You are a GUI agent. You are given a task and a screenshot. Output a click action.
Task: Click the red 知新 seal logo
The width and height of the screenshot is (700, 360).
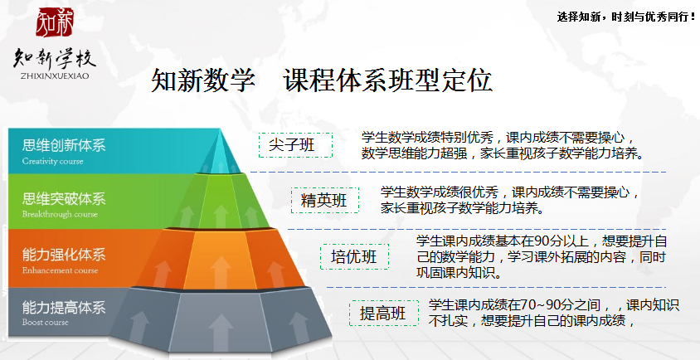[x=55, y=22]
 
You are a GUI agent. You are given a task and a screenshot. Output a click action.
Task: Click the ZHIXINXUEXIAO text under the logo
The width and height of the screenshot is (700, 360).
[x=55, y=76]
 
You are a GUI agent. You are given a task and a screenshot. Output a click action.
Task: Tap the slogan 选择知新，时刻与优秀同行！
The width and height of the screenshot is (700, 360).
[x=626, y=17]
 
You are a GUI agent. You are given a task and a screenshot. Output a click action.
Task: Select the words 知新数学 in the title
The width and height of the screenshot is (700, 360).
[x=203, y=80]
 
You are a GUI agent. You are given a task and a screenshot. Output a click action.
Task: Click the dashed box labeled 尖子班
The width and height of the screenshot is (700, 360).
[x=295, y=145]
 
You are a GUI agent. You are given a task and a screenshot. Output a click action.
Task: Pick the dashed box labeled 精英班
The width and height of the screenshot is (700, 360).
[x=325, y=200]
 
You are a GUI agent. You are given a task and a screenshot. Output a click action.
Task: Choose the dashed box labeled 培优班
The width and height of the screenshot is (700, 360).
[x=354, y=256]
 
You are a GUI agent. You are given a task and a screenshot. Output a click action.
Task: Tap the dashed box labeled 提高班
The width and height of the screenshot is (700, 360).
[x=384, y=313]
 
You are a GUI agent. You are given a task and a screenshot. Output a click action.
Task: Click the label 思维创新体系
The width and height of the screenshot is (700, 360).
[x=64, y=146]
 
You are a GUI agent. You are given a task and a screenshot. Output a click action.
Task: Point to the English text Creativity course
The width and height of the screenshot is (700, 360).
[x=53, y=161]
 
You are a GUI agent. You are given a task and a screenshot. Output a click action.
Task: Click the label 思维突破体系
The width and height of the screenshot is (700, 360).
[x=64, y=198]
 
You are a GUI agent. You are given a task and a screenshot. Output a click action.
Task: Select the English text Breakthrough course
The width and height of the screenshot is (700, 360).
[x=60, y=214]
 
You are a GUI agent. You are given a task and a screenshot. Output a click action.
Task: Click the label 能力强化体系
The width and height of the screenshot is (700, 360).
[x=64, y=255]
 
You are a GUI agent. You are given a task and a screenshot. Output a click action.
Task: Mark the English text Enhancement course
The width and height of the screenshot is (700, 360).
[x=60, y=270]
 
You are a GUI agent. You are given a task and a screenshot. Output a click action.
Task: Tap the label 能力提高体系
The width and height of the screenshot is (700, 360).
[x=64, y=307]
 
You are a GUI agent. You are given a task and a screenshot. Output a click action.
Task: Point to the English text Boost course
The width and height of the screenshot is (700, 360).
[x=45, y=323]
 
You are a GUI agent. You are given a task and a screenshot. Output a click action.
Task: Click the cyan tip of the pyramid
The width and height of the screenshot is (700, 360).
[x=219, y=153]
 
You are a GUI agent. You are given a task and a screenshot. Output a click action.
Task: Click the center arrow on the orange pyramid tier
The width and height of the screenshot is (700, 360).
[x=221, y=271]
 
